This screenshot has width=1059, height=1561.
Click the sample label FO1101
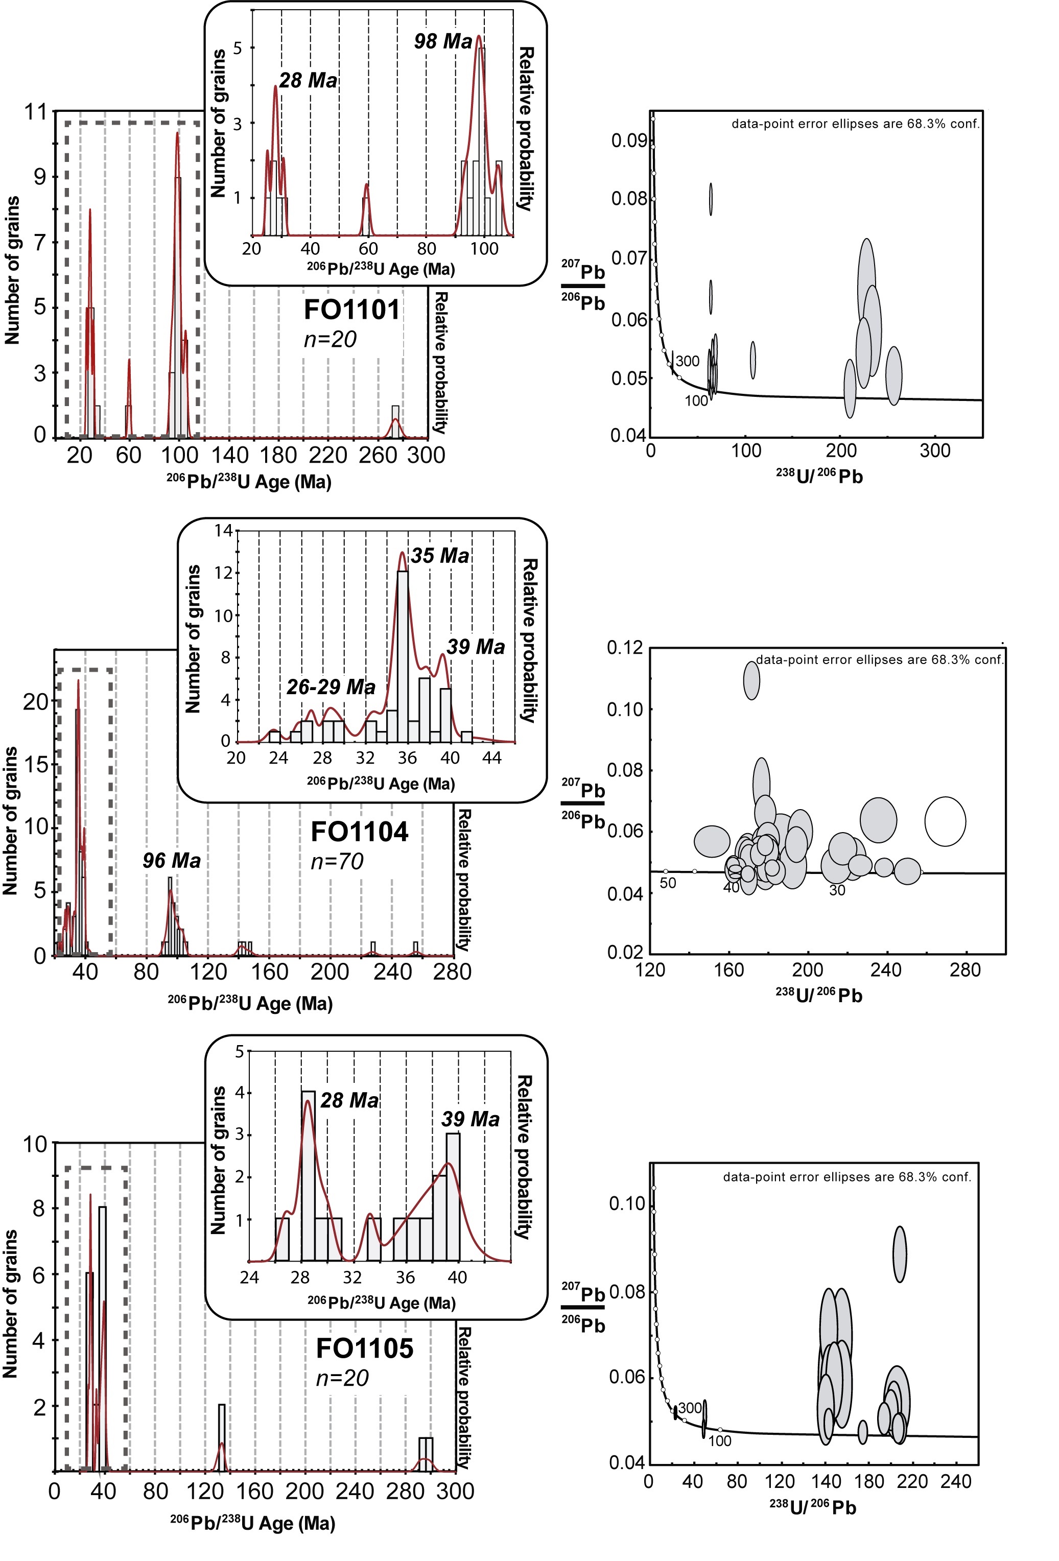(351, 310)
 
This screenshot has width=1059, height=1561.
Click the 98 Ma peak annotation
(443, 42)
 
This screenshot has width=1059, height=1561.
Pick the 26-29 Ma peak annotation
(331, 687)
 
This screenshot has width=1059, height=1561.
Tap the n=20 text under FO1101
(330, 339)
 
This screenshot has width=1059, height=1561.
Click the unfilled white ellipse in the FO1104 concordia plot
(945, 821)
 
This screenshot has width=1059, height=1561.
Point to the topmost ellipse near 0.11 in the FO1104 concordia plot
(751, 680)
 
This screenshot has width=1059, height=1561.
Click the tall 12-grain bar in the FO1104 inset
(403, 655)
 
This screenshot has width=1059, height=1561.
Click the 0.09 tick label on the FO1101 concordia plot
(629, 140)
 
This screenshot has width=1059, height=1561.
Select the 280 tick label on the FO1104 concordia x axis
(965, 969)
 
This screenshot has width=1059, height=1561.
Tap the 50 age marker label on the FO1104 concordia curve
(667, 883)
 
